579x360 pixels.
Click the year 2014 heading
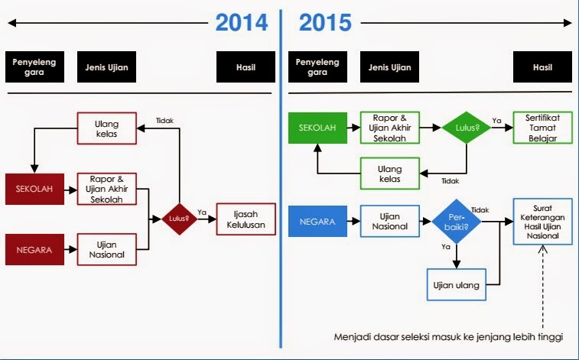[242, 23]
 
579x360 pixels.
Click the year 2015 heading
[325, 23]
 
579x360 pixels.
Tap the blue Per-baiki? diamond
[456, 223]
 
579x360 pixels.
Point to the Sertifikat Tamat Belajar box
[543, 128]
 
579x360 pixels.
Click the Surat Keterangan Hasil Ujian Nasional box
[542, 221]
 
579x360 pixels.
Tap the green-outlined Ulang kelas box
[390, 173]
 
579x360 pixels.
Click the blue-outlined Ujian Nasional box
[390, 222]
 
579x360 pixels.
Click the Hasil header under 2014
[246, 67]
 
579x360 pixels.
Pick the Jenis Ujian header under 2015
[389, 67]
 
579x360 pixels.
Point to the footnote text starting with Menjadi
[448, 337]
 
